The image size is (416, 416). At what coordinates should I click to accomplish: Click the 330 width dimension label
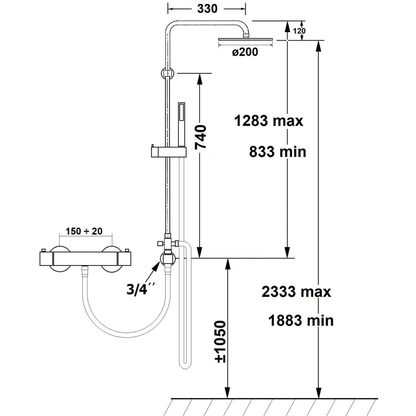(207, 9)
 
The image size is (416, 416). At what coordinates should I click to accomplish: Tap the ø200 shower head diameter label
(245, 52)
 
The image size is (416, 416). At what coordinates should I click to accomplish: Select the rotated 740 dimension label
(201, 137)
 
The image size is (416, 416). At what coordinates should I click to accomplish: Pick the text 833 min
(278, 151)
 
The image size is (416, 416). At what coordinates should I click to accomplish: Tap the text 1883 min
(301, 320)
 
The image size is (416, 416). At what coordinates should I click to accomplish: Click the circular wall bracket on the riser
(167, 73)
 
